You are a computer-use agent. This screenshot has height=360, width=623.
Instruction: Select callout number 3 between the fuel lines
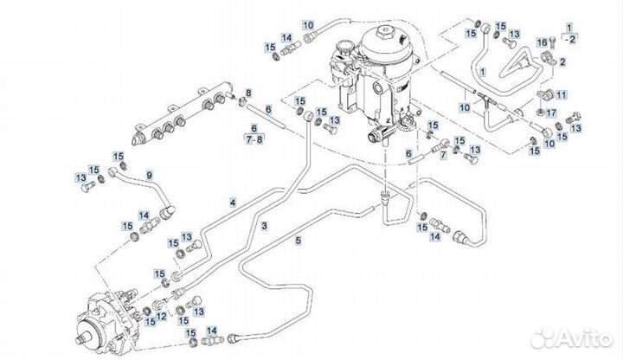(264, 225)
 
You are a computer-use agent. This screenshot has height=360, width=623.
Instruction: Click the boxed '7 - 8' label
(254, 138)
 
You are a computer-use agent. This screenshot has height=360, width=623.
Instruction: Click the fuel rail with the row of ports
(182, 107)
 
